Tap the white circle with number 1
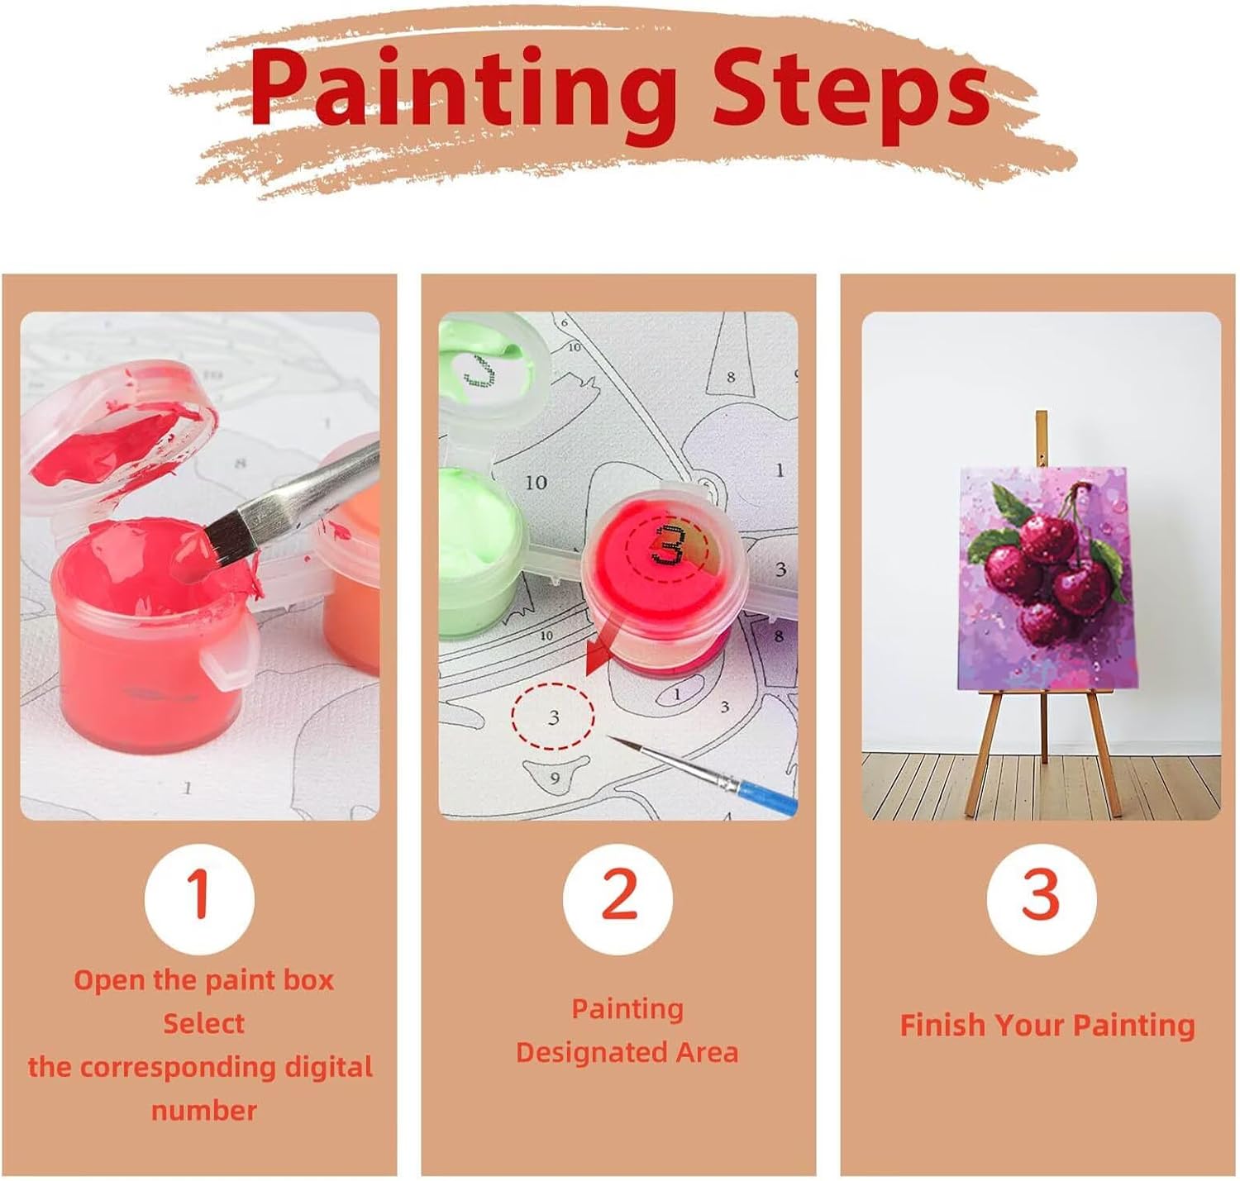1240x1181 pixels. point(199,898)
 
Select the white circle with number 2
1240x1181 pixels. point(618,898)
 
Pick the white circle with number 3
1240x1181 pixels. point(1042,898)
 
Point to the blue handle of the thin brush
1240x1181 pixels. point(767,797)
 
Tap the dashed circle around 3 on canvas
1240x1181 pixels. point(552,717)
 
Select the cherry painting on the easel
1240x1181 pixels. point(1043,579)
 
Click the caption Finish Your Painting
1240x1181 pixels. point(1047,1025)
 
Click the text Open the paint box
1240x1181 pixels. point(203,980)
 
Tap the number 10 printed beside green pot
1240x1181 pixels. point(536,483)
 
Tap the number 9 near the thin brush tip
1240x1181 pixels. point(555,778)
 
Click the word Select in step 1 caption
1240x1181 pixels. point(203,1023)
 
